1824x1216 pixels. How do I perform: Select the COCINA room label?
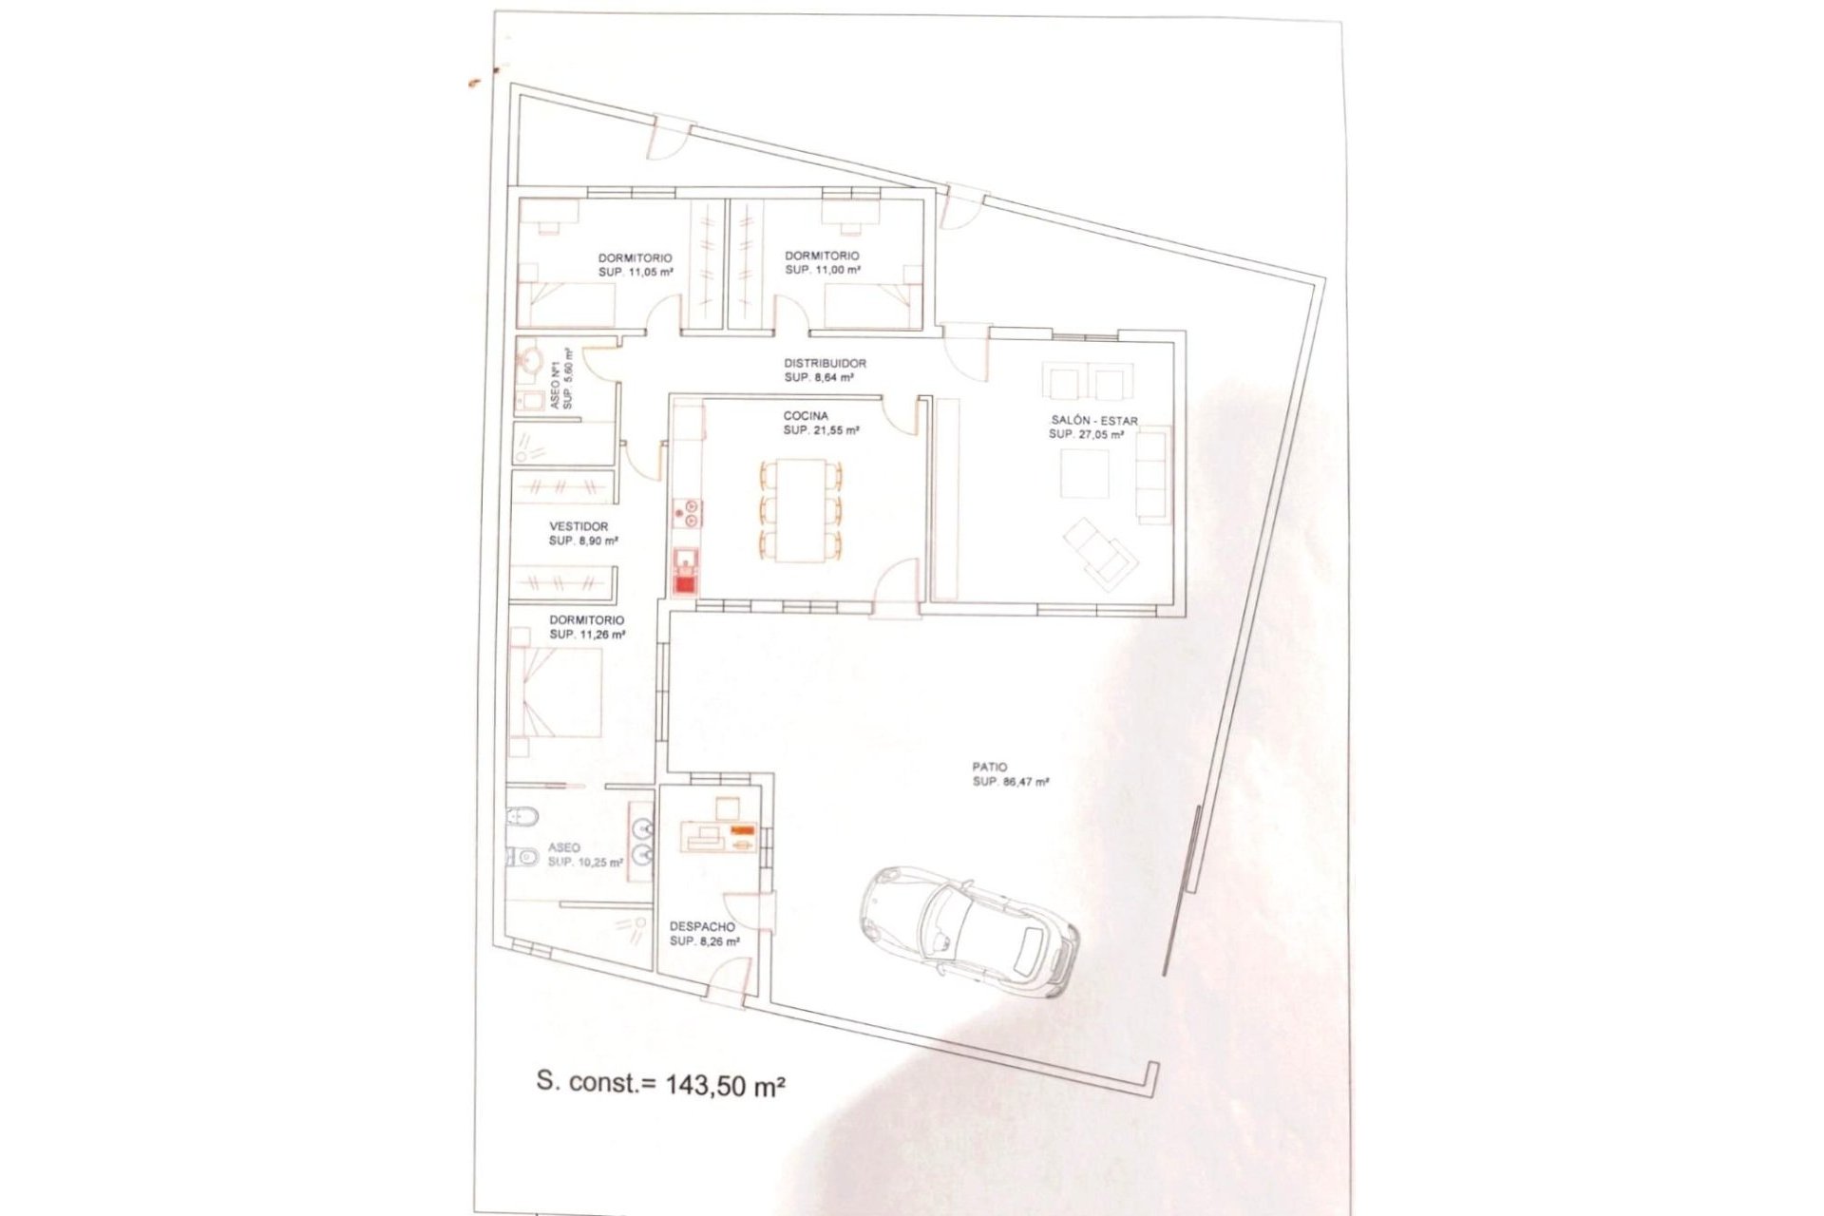click(x=806, y=416)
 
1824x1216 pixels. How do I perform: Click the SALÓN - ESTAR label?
click(x=1093, y=421)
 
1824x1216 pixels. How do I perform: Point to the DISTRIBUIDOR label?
click(x=825, y=363)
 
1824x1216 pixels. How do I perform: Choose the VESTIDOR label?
click(x=579, y=526)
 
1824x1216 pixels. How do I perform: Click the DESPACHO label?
click(x=702, y=926)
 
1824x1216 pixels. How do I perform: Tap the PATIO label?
click(x=989, y=767)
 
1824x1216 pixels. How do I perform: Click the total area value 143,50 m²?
click(x=726, y=1084)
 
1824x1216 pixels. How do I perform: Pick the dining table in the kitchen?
click(x=800, y=509)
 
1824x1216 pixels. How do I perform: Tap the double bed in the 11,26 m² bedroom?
click(x=556, y=693)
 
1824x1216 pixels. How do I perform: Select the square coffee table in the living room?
click(x=1084, y=473)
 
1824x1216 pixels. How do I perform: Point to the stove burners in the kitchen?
click(x=686, y=513)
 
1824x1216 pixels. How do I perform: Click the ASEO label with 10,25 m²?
click(x=564, y=847)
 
